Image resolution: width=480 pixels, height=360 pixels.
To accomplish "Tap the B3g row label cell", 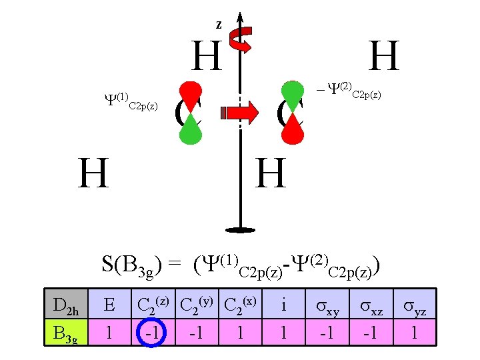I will coord(65,332).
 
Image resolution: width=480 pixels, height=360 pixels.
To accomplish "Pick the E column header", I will coord(109,306).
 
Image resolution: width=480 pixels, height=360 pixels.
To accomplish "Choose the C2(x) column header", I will coord(241,306).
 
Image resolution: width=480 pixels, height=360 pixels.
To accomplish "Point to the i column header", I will coord(285,306).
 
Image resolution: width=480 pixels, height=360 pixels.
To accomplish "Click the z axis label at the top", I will coord(219,25).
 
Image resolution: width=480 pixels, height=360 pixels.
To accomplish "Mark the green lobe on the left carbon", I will coord(191,128).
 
